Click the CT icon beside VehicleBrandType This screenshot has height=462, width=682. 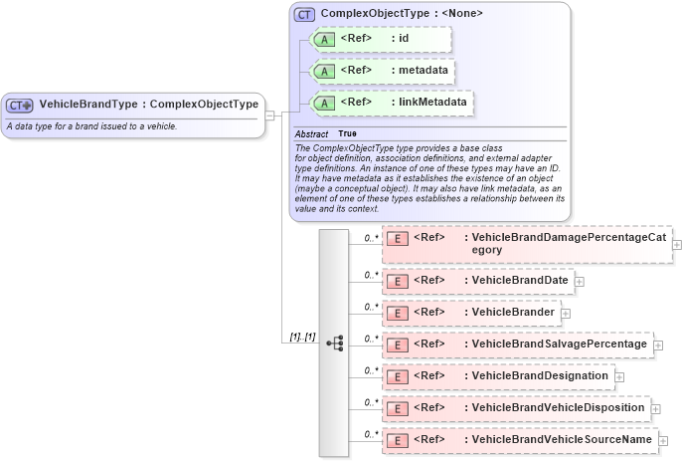pyautogui.click(x=20, y=105)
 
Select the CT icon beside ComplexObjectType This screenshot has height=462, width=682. pyautogui.click(x=303, y=15)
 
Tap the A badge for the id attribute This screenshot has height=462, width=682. pyautogui.click(x=324, y=40)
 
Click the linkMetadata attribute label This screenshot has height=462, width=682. pyautogui.click(x=433, y=102)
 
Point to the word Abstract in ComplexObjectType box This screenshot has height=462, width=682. pyautogui.click(x=311, y=133)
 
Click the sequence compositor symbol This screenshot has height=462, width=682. pyautogui.click(x=334, y=343)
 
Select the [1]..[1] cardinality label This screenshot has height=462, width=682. pyautogui.click(x=302, y=337)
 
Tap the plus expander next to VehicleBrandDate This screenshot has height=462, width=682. pyautogui.click(x=580, y=282)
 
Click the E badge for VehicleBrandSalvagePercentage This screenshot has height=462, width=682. pyautogui.click(x=397, y=345)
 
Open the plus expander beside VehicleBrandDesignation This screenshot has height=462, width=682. pyautogui.click(x=619, y=376)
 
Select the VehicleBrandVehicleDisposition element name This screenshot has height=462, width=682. pyautogui.click(x=559, y=407)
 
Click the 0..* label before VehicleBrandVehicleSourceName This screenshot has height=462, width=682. pyautogui.click(x=371, y=434)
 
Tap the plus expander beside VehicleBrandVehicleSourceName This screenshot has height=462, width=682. pyautogui.click(x=663, y=440)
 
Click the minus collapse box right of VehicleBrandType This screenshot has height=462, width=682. pyautogui.click(x=269, y=114)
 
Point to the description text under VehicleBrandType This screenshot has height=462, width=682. pyautogui.click(x=91, y=126)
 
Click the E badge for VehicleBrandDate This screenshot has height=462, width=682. pyautogui.click(x=397, y=282)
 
